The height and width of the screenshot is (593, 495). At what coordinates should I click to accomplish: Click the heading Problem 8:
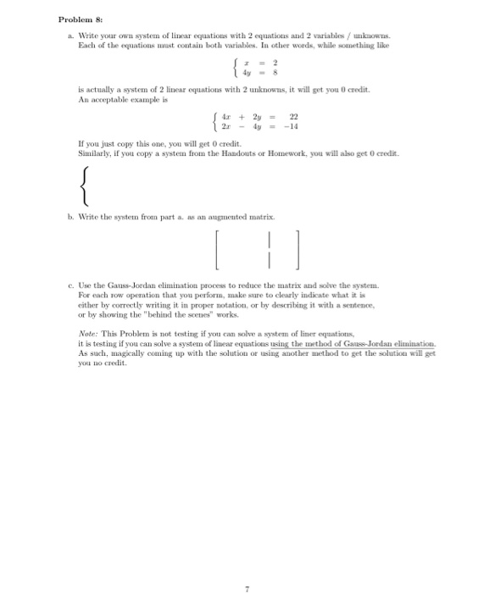pyautogui.click(x=81, y=19)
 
